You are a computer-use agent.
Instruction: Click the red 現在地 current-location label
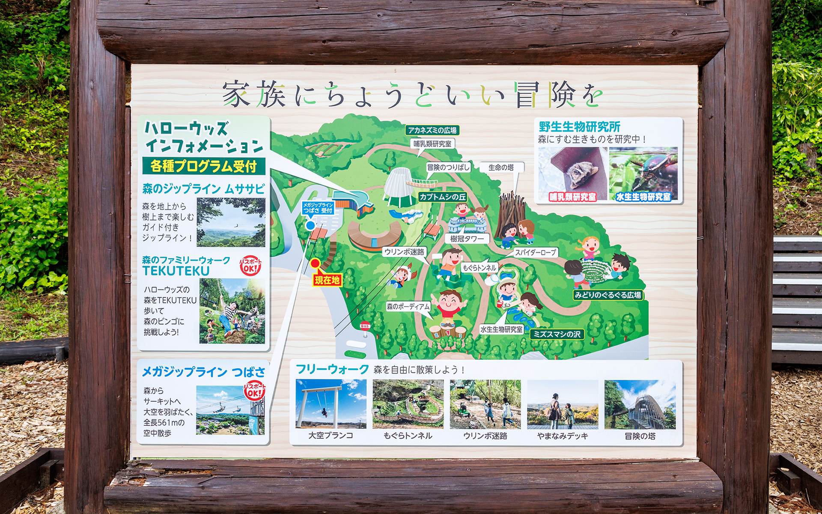(327, 280)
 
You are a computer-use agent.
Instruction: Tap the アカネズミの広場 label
(432, 130)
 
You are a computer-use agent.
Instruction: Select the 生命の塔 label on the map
(501, 167)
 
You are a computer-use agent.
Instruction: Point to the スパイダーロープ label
(535, 252)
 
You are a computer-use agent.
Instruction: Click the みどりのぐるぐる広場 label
(608, 295)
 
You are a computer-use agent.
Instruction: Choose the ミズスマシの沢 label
(557, 334)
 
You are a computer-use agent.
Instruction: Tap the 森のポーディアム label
(408, 307)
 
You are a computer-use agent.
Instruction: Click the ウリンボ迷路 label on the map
(404, 252)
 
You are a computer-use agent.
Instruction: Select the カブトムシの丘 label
(443, 197)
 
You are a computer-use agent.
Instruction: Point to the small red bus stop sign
(365, 326)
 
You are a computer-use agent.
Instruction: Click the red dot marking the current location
(315, 263)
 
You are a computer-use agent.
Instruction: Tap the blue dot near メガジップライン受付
(310, 225)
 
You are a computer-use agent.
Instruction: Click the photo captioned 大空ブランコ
(331, 404)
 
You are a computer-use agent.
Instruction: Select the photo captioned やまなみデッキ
(563, 404)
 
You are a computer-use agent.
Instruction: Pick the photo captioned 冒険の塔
(640, 404)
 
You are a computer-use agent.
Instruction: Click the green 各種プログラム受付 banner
(204, 166)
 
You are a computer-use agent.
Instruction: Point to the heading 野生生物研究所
(579, 127)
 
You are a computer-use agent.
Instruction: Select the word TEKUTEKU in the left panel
(176, 271)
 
